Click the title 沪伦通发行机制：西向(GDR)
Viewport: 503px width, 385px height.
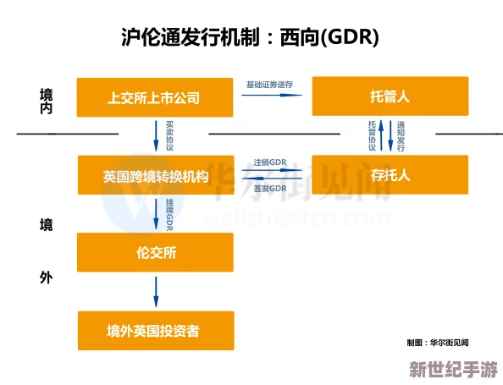pos(251,38)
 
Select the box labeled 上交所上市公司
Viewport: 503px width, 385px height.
pos(154,97)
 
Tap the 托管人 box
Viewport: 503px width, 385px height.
pos(390,97)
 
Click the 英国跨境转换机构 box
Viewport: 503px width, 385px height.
pos(155,176)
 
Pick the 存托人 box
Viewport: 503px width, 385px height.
pos(390,175)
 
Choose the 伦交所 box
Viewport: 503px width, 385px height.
pos(155,252)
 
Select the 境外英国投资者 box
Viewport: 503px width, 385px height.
pos(155,330)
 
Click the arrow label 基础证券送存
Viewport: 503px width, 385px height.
pos(269,85)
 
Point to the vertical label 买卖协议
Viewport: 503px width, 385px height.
pos(169,135)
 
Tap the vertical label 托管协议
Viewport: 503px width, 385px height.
pos(372,135)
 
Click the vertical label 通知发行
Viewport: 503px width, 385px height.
pos(401,135)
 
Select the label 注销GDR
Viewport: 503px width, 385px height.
pos(270,162)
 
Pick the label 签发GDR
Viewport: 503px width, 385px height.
pos(270,188)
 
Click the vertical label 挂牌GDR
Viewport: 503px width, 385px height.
pos(169,213)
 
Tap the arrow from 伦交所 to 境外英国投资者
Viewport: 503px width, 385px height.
pos(156,291)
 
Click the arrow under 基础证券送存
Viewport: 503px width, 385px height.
pos(271,95)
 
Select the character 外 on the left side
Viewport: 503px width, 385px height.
pos(46,277)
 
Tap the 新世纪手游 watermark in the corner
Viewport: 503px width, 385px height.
pos(453,371)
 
